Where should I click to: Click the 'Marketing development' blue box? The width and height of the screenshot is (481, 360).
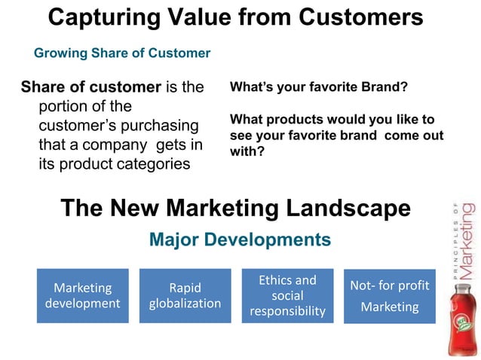pos(83,295)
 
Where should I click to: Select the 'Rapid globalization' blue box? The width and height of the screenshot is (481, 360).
pos(185,295)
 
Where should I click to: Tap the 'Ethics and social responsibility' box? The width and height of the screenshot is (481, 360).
pos(287,295)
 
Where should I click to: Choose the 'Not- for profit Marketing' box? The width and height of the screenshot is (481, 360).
pos(390,296)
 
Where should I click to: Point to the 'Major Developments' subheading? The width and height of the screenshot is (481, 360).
pos(240,239)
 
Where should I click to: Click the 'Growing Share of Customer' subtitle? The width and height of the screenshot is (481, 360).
pos(122,53)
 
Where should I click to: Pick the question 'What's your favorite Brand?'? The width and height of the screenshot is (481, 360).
pos(318,87)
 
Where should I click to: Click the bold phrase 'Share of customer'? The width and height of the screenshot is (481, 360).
pos(90,87)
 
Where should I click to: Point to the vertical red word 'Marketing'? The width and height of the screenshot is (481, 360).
pos(467,240)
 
